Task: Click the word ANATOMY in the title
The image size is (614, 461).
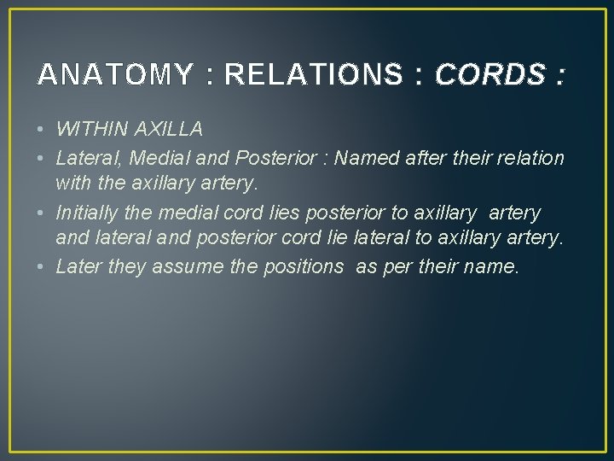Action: point(114,75)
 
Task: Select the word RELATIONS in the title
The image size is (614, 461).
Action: point(312,75)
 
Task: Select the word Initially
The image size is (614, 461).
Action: point(87,213)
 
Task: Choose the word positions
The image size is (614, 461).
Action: point(292,267)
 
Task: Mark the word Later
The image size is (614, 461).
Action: point(78,267)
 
